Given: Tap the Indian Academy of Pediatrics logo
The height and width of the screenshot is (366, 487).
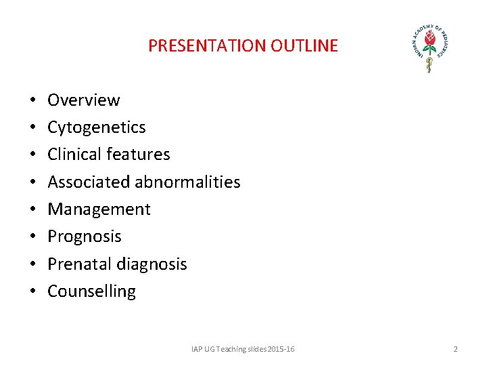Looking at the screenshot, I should pos(430,48).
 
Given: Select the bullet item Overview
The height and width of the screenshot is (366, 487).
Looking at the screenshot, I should pos(83,100).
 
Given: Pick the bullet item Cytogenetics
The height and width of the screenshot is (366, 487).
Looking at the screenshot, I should pos(96,127).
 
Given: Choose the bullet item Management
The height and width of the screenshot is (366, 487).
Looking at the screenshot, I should pos(99,209).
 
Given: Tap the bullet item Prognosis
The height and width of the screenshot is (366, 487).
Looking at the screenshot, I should pos(85,237).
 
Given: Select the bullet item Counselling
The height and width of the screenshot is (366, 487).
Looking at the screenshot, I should pos(91,291).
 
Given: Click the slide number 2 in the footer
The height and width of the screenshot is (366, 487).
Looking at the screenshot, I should pos(455,349).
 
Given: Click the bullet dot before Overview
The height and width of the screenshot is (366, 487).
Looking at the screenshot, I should pos(32,101).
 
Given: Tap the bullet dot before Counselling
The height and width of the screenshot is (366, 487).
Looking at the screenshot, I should pos(32,292).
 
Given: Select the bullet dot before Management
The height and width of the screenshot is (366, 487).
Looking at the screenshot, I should pos(32,210).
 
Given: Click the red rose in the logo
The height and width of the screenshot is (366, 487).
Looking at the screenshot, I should pos(429,42).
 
